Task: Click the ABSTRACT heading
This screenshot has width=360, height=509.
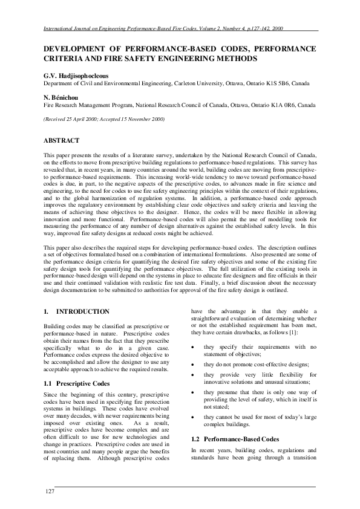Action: pyautogui.click(x=61, y=140)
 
